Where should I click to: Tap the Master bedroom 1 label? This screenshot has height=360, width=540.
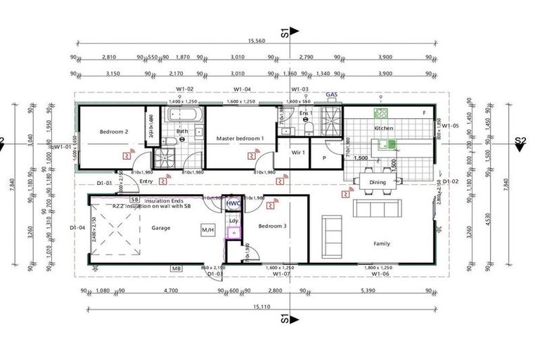point(240,139)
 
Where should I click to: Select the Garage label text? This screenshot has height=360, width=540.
point(162,228)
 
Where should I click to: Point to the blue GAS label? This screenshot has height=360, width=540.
point(332,94)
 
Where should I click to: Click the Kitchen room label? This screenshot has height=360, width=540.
point(383,129)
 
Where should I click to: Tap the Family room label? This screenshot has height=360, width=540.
point(382,243)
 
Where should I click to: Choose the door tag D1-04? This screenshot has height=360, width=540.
point(77,227)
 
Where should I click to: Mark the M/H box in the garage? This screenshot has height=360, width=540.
point(207,229)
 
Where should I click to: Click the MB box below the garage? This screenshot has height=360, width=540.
point(176,269)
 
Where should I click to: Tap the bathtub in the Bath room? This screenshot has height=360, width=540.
point(185,115)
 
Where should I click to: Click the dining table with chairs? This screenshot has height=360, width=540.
point(378,183)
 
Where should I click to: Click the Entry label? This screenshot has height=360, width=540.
point(146,181)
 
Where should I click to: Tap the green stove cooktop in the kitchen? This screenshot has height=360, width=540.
point(381,113)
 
